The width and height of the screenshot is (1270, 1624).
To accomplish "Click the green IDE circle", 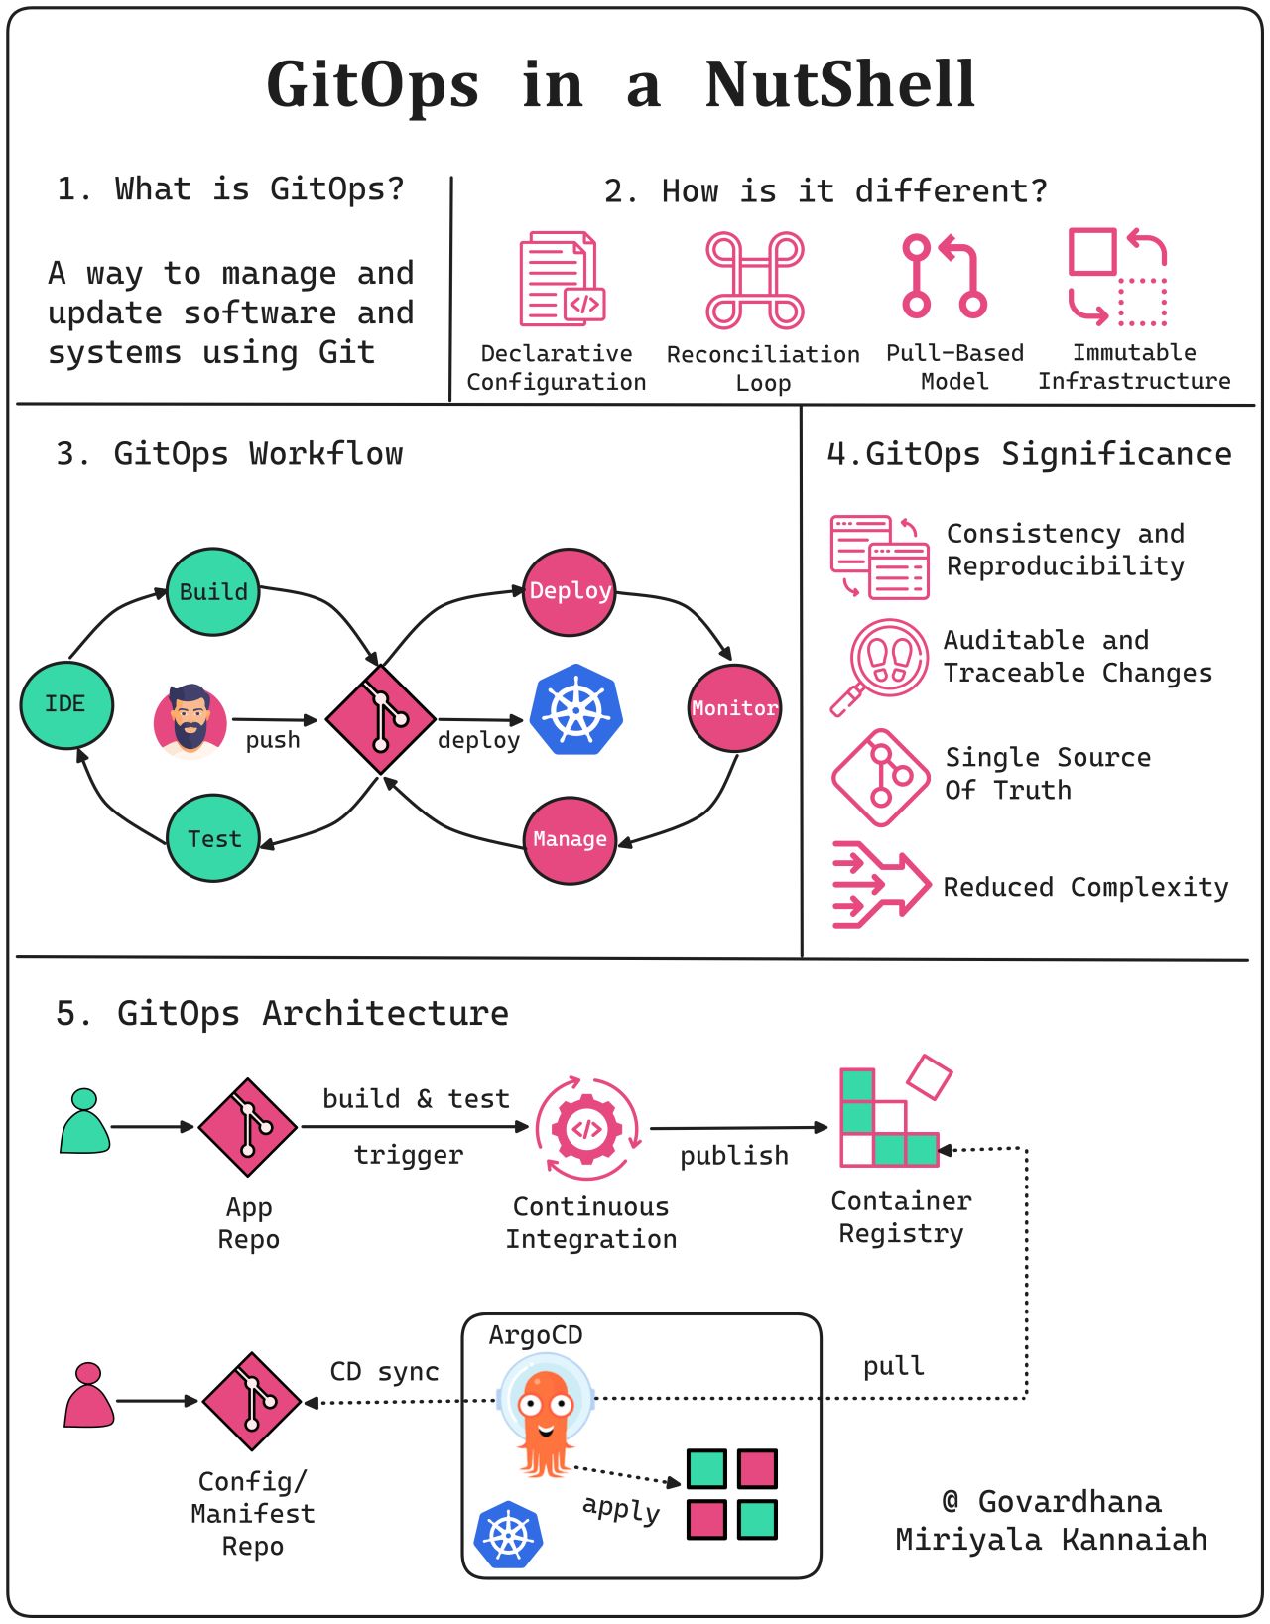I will point(66,704).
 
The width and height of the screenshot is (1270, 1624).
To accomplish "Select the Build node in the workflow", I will point(212,591).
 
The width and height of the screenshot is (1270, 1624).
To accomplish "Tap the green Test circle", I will point(212,838).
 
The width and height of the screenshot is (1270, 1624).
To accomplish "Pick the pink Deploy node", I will point(570,591).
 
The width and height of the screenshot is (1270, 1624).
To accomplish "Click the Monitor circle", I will point(734,708).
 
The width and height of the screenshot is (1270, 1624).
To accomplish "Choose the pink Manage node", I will point(570,839).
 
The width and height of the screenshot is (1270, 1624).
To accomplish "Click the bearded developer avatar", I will point(190,720).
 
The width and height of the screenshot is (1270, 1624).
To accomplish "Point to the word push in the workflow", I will point(273,740).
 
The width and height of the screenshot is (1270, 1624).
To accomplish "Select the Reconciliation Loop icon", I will point(755,280).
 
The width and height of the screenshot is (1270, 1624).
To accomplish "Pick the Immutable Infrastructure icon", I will point(1117,277).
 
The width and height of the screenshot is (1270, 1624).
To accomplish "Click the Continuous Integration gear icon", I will point(587,1128).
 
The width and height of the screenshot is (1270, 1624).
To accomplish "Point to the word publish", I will point(734,1156).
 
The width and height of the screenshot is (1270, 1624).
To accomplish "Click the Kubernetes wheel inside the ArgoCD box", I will point(508,1535).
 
